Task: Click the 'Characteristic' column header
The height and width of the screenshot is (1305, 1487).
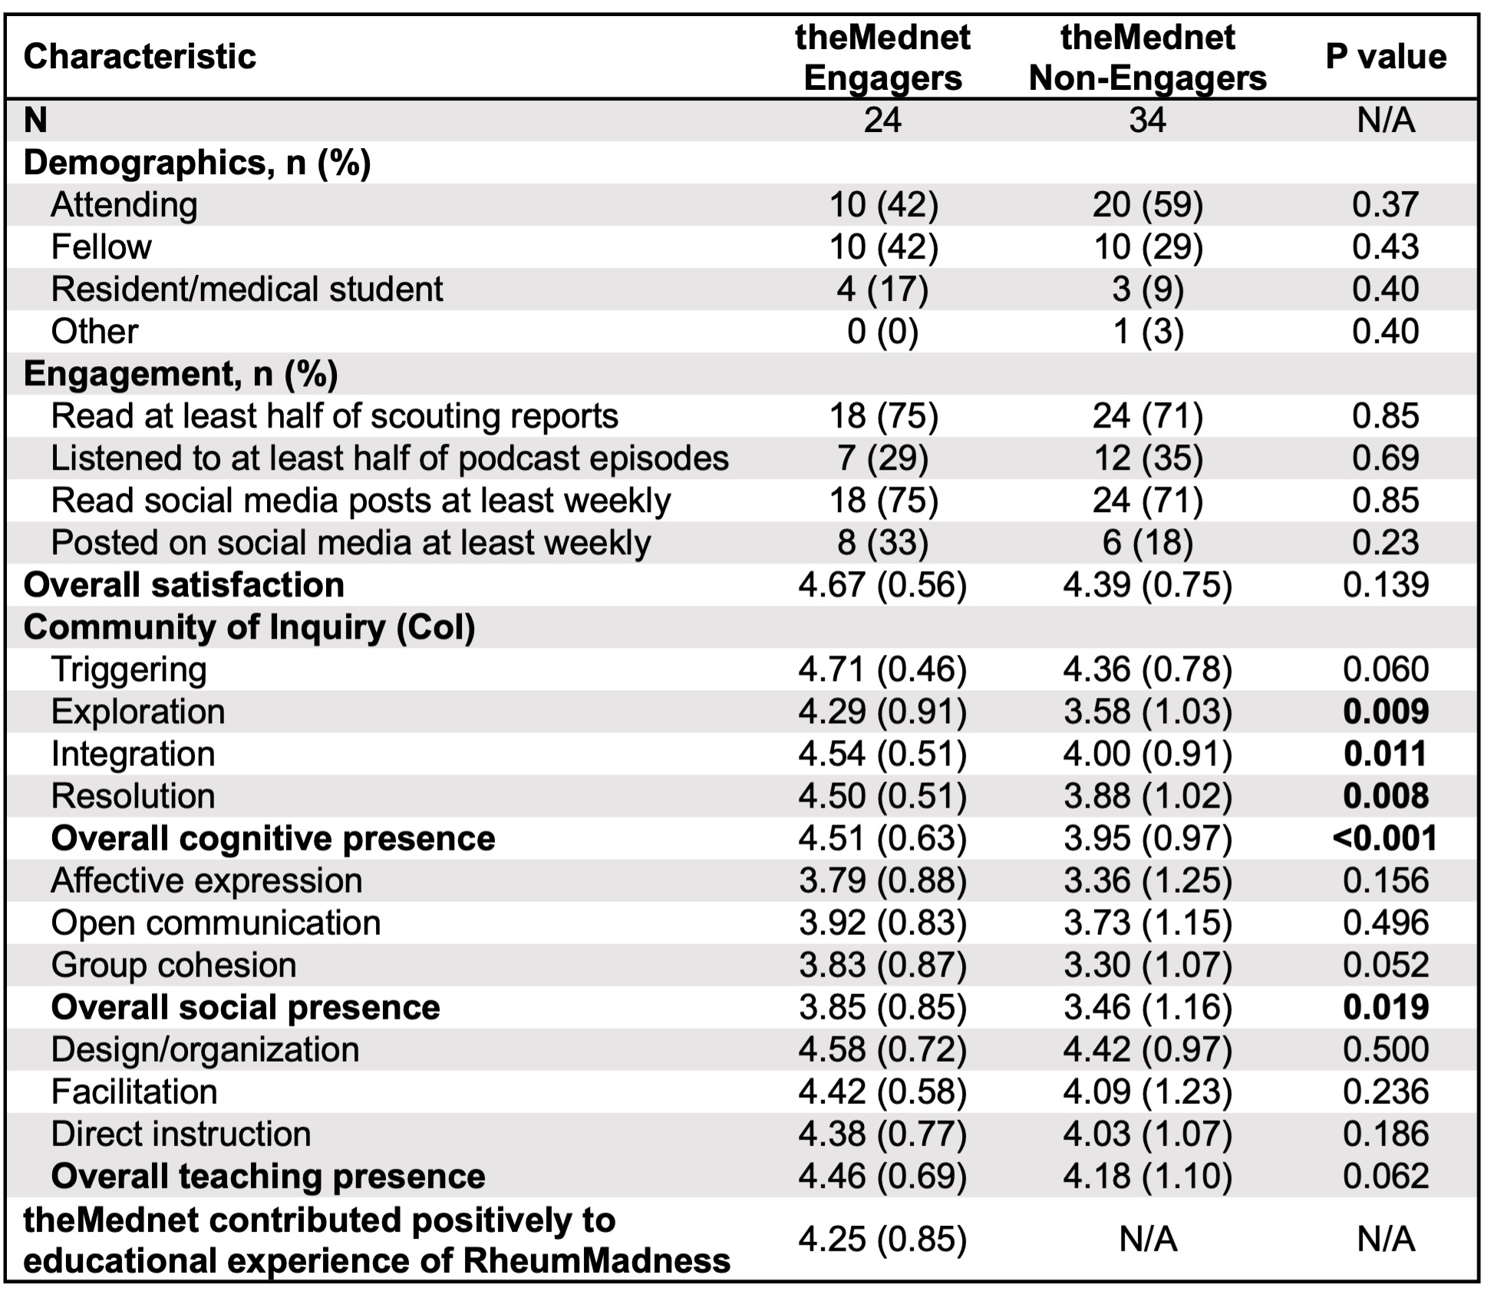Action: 140,57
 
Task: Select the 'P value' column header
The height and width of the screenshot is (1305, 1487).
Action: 1386,57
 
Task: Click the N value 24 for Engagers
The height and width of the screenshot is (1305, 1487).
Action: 882,121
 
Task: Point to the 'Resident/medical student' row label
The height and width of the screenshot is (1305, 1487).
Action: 247,289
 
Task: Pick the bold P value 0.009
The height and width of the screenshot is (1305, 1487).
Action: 1386,712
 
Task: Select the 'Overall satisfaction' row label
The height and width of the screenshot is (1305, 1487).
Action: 184,585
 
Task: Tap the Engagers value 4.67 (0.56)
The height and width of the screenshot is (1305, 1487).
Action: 882,585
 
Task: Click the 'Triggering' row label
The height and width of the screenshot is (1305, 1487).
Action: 129,669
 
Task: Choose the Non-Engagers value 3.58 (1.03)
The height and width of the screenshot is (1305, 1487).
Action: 1147,712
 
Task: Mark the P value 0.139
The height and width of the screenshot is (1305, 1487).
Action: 1386,585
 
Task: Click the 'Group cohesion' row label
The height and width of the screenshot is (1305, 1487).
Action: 173,965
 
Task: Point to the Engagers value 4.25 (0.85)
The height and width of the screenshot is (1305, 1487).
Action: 882,1239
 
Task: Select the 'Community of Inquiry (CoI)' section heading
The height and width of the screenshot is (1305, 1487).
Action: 249,627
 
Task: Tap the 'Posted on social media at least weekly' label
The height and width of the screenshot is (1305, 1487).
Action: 351,543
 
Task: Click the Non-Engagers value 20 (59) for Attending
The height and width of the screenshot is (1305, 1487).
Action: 1147,205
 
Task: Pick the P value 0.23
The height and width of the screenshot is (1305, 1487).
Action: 1386,543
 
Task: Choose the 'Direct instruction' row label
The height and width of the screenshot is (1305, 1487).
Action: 181,1134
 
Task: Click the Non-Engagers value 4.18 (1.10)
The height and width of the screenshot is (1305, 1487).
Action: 1147,1176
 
